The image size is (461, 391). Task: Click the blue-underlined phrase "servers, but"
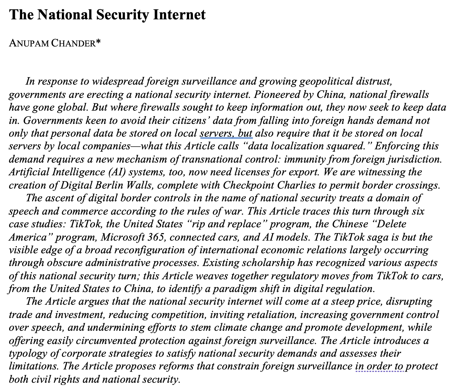click(226, 134)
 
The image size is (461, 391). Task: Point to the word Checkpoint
click(248, 185)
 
